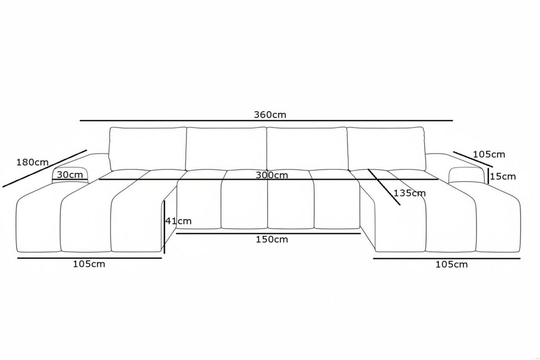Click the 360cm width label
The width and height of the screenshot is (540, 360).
270,115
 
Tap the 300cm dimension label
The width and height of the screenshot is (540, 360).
272,175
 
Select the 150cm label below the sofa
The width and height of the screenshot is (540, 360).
272,239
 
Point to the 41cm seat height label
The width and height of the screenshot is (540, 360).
178,221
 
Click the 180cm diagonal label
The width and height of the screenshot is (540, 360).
32,162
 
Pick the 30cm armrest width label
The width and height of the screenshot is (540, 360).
70,175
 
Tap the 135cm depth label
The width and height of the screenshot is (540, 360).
409,193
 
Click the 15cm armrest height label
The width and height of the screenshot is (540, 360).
503,176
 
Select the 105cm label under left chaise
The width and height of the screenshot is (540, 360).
89,264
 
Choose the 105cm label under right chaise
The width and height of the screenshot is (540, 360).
451,265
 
